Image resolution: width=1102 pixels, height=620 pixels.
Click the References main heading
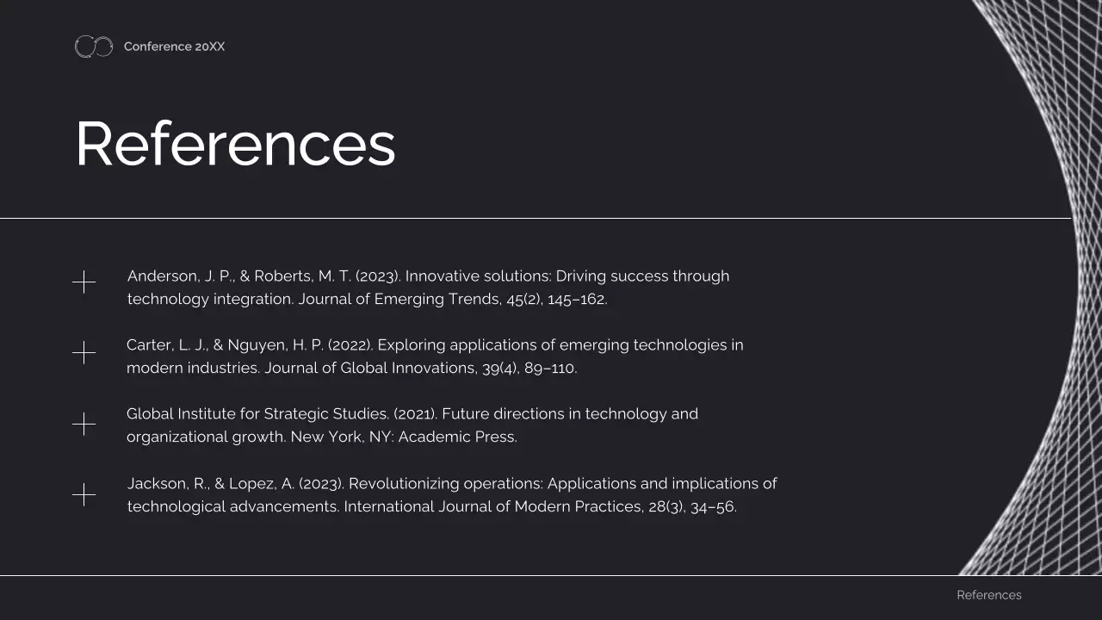[235, 144]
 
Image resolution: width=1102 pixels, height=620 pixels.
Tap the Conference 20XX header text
[174, 46]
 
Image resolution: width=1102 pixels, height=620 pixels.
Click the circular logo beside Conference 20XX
[94, 46]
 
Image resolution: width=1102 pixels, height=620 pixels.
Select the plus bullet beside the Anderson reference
[84, 282]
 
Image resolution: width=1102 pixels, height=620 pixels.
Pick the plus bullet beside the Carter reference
[84, 352]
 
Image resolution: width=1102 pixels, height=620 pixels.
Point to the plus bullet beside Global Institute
[84, 424]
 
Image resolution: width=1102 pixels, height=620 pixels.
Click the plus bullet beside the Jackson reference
[84, 494]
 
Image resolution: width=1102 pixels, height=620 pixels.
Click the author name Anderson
[162, 276]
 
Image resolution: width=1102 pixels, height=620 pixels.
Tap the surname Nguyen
[257, 345]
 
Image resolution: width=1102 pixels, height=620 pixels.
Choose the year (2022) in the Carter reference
[350, 345]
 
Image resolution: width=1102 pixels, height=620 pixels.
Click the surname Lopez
[251, 484]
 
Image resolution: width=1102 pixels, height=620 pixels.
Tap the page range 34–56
[713, 507]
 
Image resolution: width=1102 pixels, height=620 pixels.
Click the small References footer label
[988, 595]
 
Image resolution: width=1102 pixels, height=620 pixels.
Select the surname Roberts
[282, 276]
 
